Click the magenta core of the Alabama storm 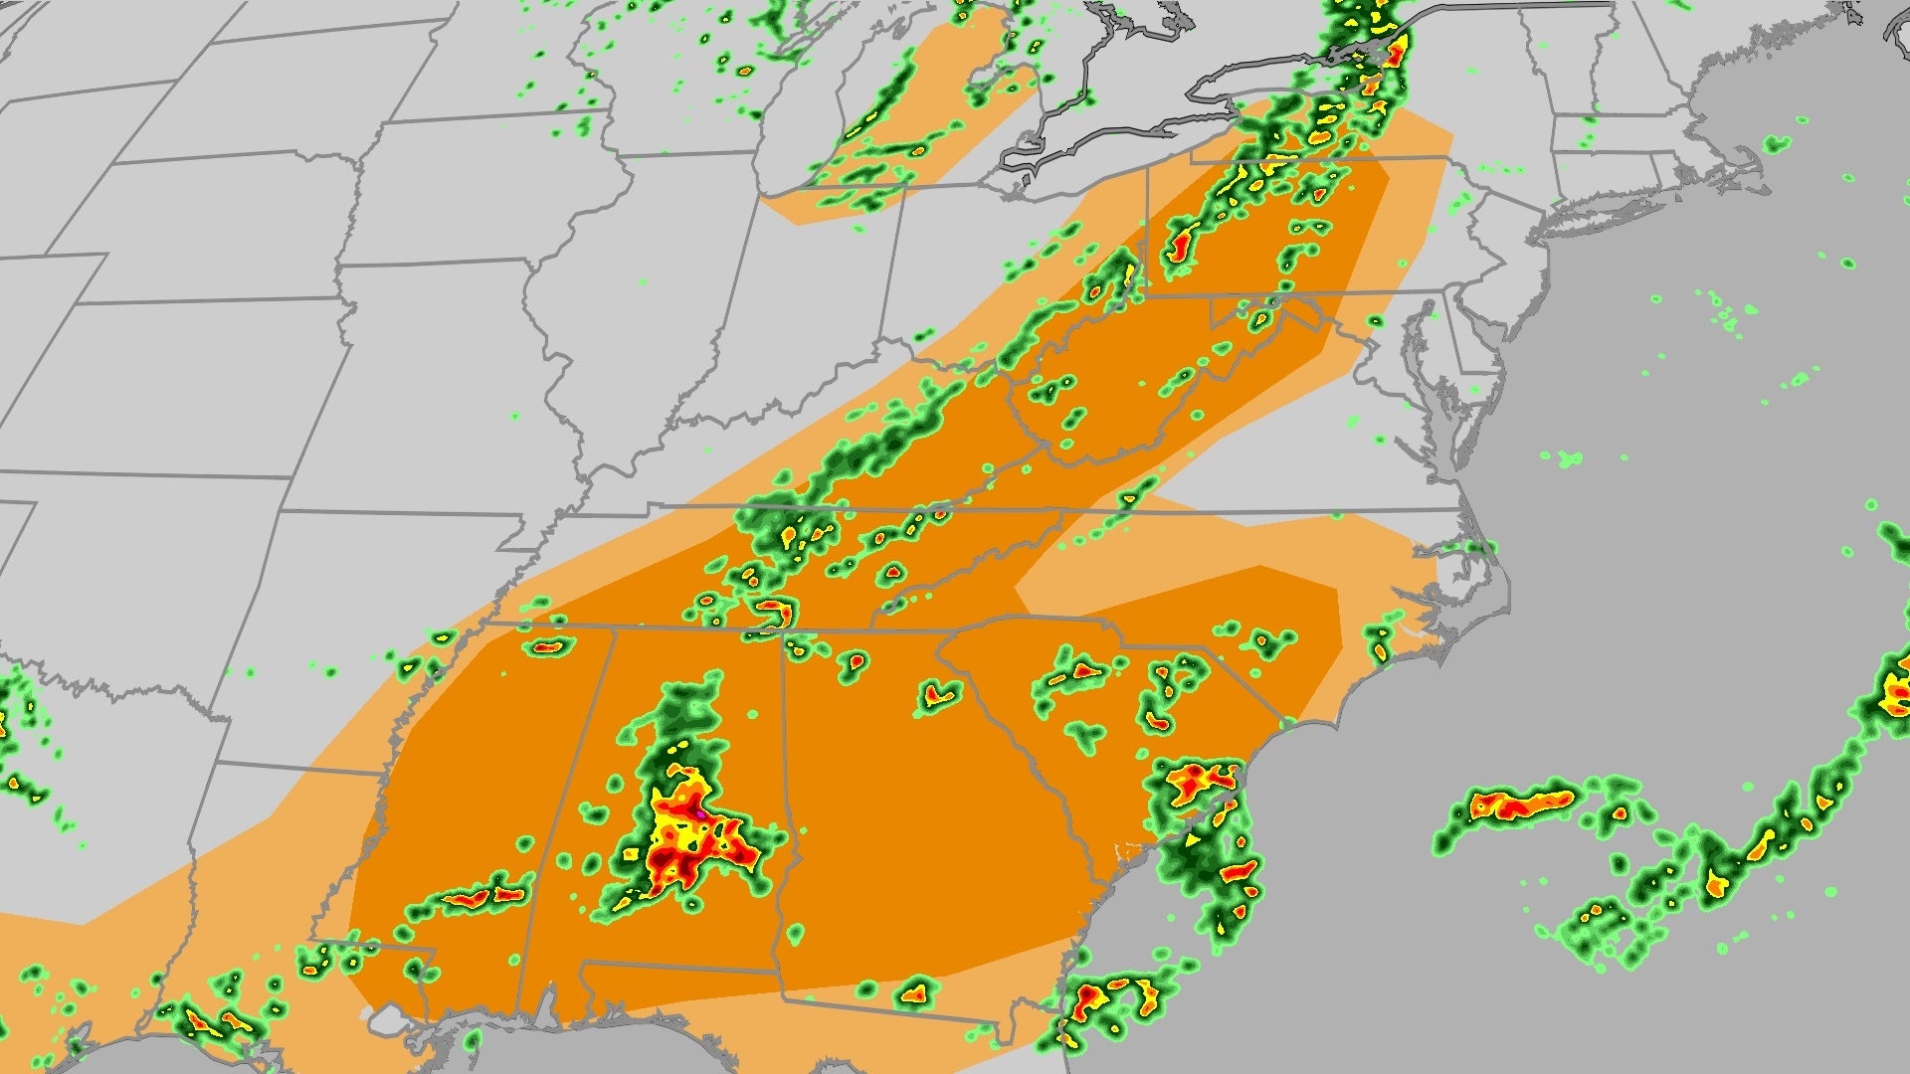click(701, 813)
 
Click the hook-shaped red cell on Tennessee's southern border click(774, 610)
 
